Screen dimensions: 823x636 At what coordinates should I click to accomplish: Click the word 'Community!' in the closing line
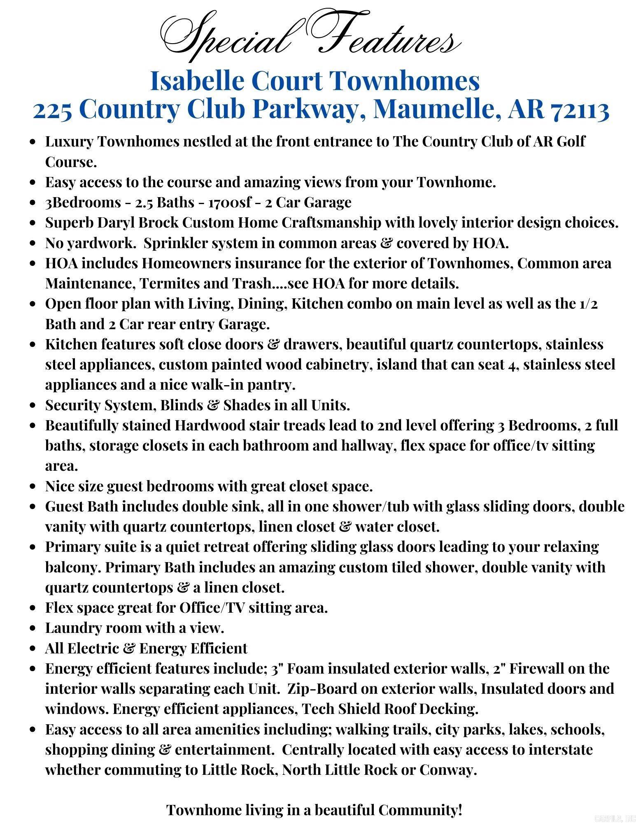click(420, 810)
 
